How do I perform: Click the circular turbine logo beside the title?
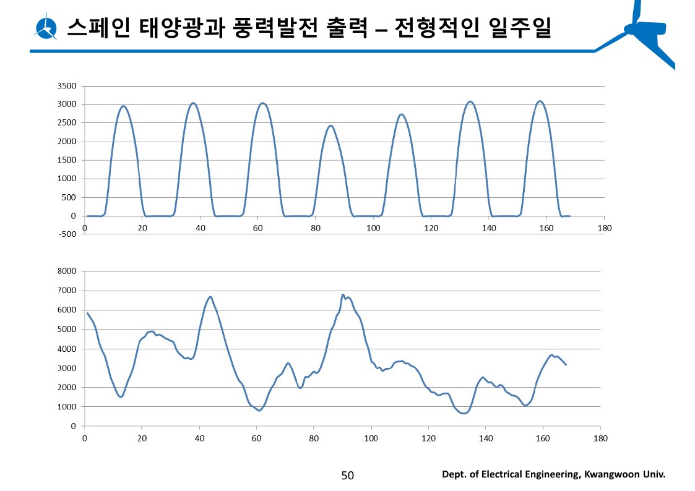(46, 27)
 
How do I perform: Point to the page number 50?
(347, 475)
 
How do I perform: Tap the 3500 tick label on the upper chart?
(67, 86)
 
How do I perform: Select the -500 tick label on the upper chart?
(67, 234)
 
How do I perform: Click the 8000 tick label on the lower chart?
(67, 271)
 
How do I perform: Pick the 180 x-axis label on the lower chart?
(600, 438)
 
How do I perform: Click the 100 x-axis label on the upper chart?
(373, 228)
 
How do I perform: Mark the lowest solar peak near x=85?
(330, 126)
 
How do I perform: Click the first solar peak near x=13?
(123, 106)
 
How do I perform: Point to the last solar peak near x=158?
(540, 101)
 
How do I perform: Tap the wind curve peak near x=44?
(210, 297)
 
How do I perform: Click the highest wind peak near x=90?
(343, 294)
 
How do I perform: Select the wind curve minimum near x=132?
(464, 413)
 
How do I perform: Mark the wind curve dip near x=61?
(260, 411)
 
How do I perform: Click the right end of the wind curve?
(566, 365)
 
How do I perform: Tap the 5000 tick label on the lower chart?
(67, 329)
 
